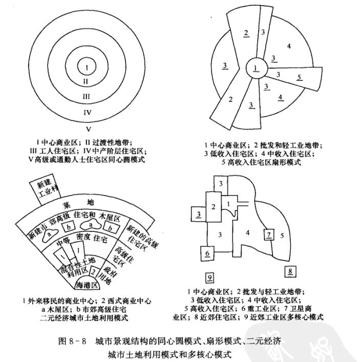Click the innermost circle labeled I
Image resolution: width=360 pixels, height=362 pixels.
coord(88,67)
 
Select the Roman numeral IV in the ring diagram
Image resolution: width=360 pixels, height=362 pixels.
coord(88,111)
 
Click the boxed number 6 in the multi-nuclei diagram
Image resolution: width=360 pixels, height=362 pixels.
coord(207,253)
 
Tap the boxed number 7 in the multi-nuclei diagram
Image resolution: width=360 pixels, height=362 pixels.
coord(269,235)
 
